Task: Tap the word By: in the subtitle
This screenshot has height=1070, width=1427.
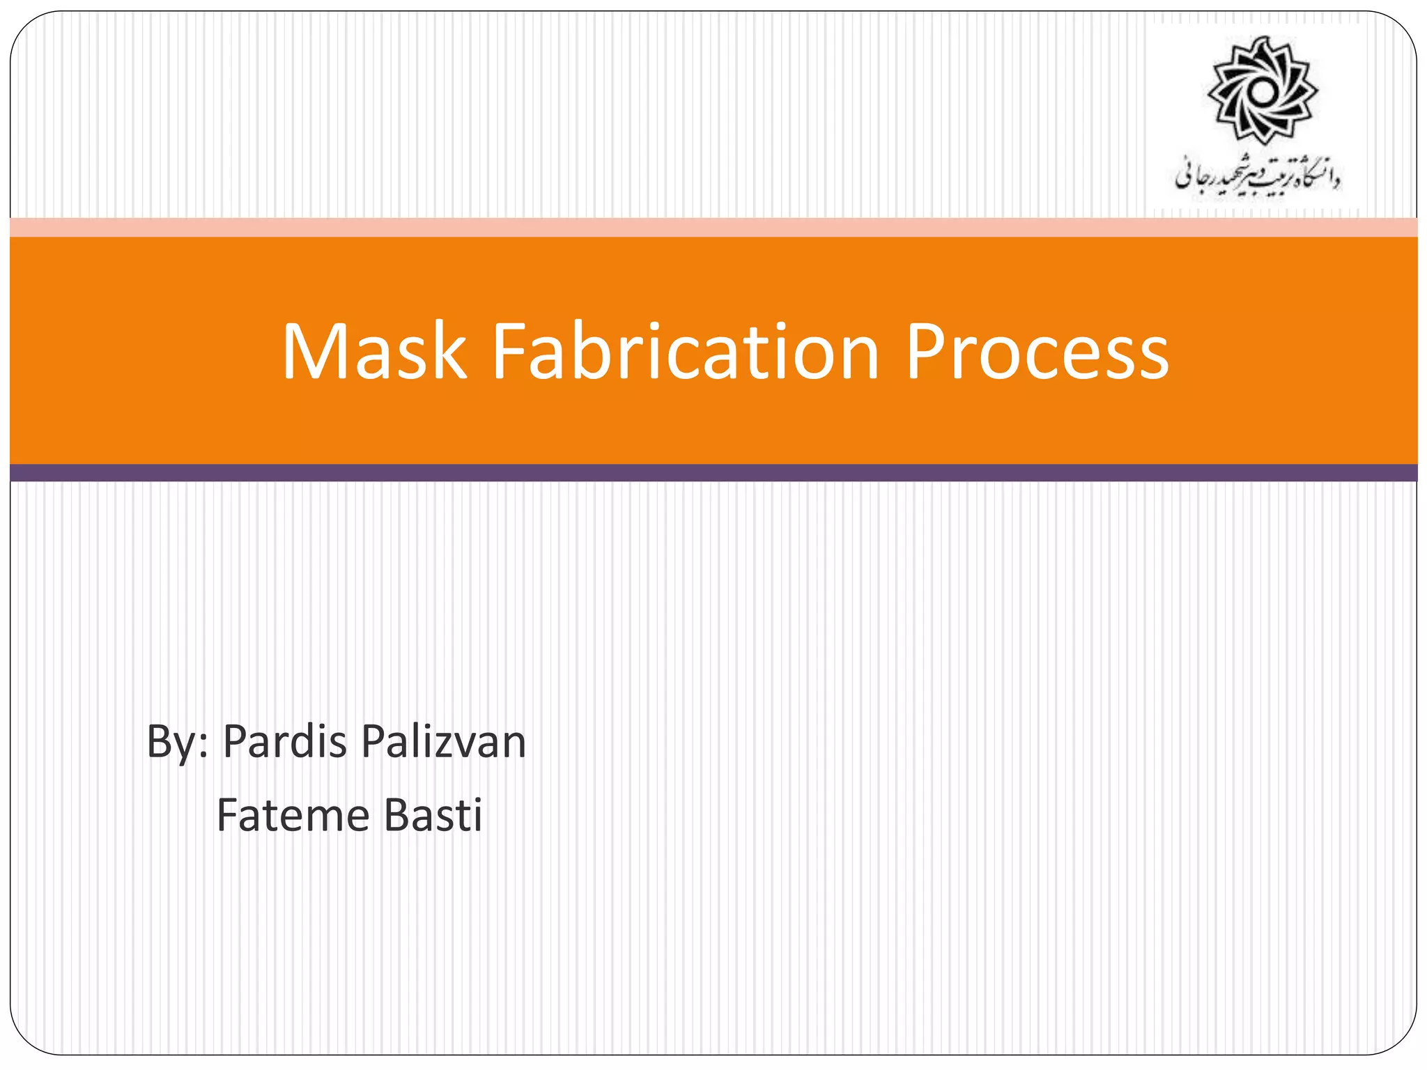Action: [177, 743]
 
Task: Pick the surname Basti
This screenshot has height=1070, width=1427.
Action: [433, 815]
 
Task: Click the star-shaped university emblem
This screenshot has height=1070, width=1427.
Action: [1262, 91]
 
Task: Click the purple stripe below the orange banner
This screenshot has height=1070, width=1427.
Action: [713, 473]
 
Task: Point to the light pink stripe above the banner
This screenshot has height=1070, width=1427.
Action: [713, 227]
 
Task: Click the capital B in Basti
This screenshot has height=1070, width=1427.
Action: [396, 815]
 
